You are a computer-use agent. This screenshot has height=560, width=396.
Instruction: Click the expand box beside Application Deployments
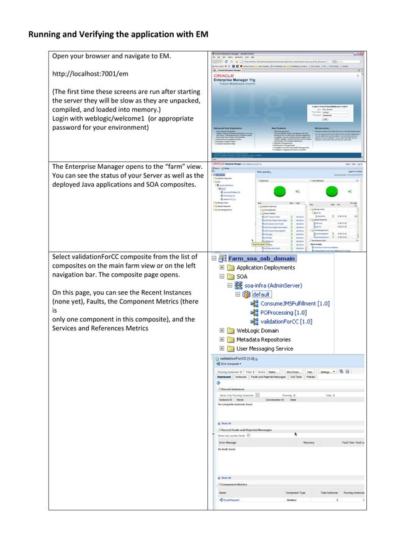click(x=222, y=267)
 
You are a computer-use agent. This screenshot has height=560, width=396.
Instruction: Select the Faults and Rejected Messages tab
click(x=268, y=377)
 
